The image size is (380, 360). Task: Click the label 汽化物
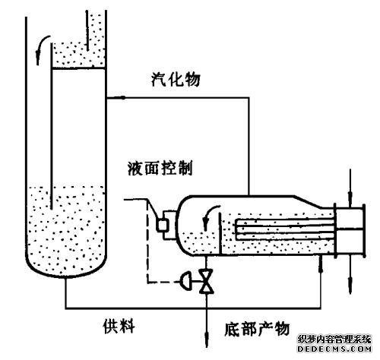176,80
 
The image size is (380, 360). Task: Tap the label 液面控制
160,168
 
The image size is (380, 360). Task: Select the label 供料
119,326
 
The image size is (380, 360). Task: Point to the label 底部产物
257,329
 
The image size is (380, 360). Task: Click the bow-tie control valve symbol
207,282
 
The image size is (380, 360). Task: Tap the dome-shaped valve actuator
185,282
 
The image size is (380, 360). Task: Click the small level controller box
163,225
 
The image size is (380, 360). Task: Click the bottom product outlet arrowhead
207,339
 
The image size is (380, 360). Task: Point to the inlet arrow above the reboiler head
350,188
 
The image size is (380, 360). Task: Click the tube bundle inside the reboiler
285,229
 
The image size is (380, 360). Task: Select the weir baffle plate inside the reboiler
221,233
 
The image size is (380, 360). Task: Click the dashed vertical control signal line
147,242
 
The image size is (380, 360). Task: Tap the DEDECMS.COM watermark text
334,349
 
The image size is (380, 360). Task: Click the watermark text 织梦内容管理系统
334,339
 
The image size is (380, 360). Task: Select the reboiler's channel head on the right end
350,230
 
